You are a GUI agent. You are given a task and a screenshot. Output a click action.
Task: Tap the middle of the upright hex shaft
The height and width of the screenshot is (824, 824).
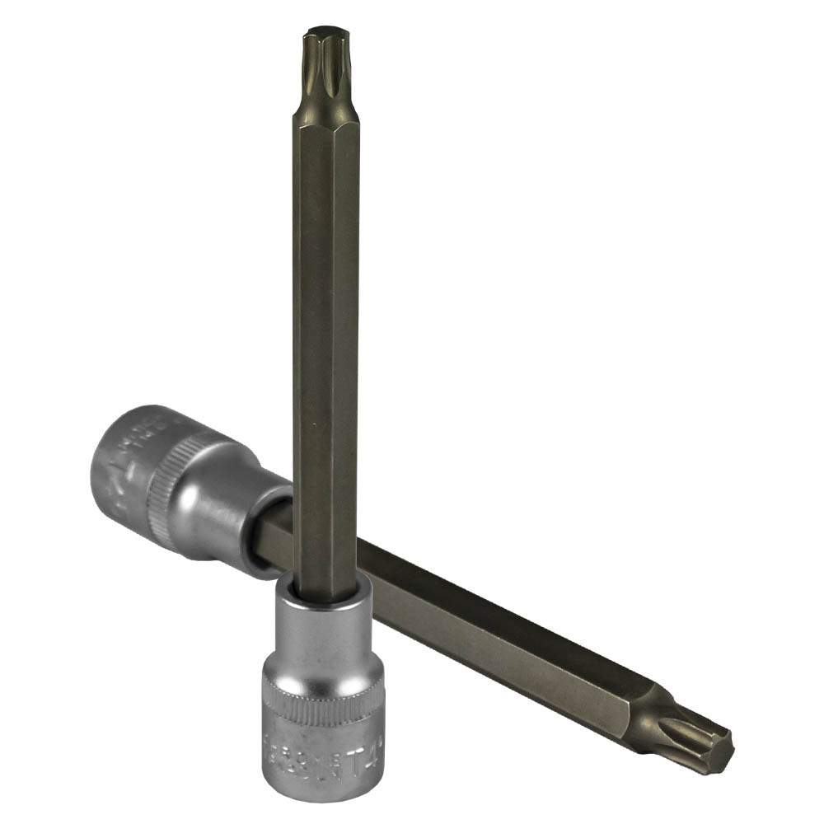point(325,330)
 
